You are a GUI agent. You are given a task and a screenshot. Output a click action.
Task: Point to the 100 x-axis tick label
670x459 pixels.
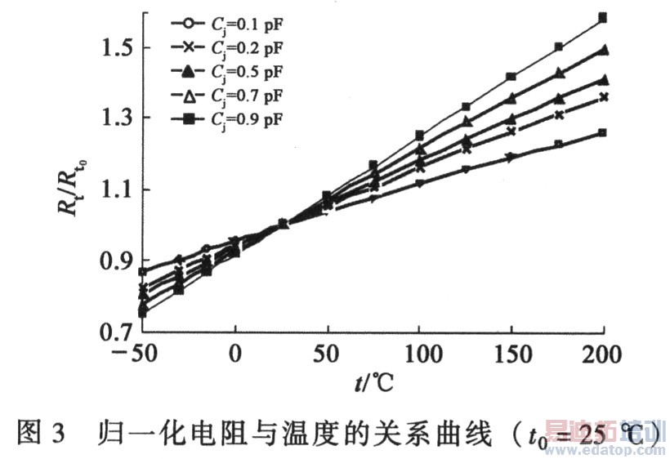[419, 356]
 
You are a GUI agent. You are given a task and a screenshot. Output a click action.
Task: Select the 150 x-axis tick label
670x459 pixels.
[511, 356]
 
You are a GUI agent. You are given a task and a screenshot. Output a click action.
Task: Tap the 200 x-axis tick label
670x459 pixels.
[602, 356]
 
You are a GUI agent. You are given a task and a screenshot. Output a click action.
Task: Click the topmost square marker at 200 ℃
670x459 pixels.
[603, 17]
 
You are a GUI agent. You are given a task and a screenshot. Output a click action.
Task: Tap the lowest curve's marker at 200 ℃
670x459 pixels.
[603, 132]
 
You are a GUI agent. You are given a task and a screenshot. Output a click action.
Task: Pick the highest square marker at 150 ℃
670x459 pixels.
[511, 77]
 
